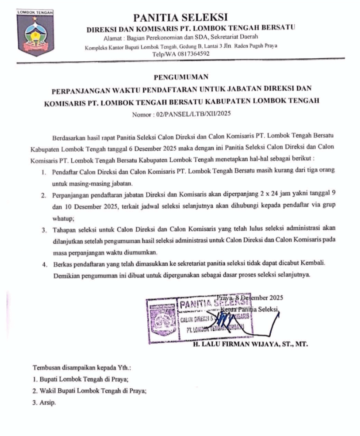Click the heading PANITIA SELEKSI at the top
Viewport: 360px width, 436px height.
click(180, 17)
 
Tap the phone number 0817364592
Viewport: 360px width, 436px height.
click(189, 54)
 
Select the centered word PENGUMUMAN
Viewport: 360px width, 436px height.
click(180, 77)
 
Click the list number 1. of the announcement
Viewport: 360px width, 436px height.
click(44, 170)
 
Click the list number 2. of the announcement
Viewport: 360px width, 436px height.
click(43, 195)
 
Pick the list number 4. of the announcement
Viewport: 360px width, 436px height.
click(43, 264)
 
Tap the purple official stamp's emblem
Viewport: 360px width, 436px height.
click(161, 319)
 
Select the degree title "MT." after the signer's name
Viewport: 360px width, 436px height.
click(301, 344)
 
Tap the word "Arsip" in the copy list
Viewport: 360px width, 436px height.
click(47, 402)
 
